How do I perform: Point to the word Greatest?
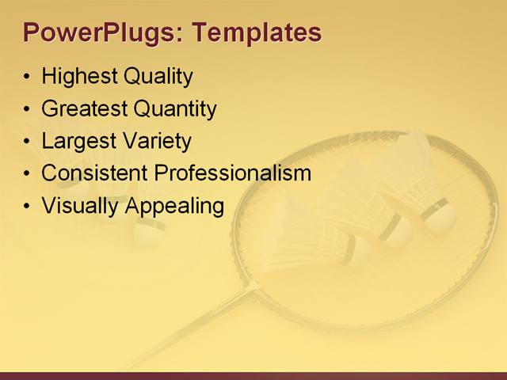84,108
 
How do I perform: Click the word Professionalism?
232,173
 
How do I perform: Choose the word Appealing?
176,206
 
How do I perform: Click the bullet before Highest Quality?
28,78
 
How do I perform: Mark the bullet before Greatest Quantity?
28,109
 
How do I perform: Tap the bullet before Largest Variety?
28,142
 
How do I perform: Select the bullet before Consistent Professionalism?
28,174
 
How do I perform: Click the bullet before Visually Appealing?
28,207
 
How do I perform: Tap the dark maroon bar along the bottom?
253,375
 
